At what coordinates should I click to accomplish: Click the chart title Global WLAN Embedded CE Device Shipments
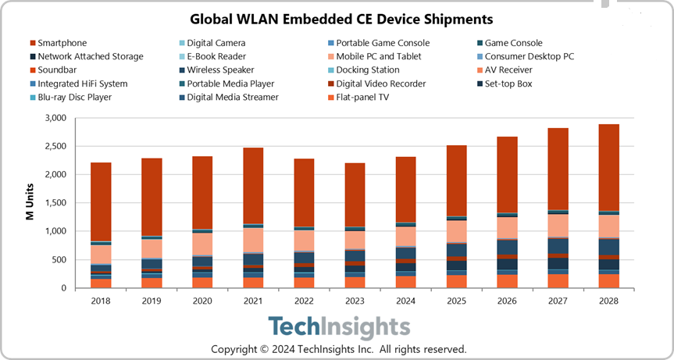click(x=337, y=18)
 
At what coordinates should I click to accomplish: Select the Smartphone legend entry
click(x=62, y=43)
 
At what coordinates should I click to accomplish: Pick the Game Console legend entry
click(x=513, y=43)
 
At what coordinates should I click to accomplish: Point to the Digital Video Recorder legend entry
click(x=380, y=84)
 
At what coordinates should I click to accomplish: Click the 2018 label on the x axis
click(x=100, y=301)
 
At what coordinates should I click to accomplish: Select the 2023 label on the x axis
click(x=356, y=301)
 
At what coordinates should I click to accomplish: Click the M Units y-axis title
click(x=30, y=203)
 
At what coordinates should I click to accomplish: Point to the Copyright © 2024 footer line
click(x=337, y=349)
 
